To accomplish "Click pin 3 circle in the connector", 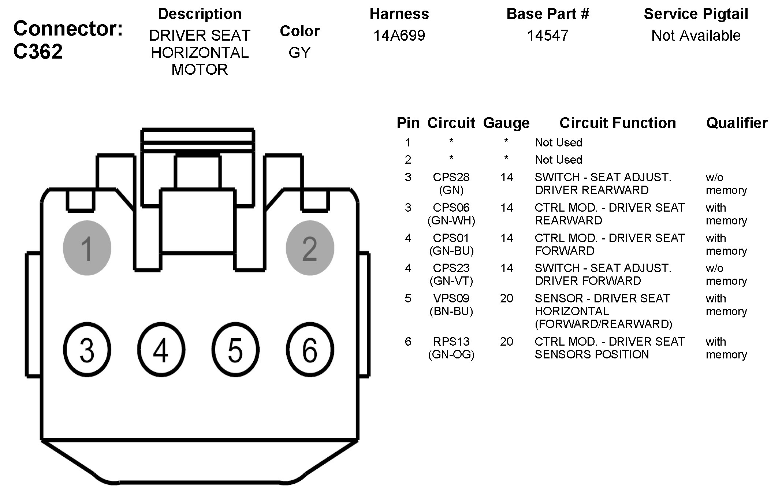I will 87,350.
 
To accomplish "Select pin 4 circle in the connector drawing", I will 161,350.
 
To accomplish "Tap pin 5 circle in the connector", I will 235,350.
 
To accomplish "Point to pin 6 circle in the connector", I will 310,350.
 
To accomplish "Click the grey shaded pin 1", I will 87,248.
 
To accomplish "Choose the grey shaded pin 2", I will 310,248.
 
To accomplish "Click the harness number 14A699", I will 399,36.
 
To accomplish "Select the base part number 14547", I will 548,36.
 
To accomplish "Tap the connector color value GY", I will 299,53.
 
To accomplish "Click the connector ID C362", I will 38,51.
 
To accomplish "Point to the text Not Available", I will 696,36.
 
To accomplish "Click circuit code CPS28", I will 451,177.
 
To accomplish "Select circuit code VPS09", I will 451,298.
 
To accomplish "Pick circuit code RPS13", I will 451,342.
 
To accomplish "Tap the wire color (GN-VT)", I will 451,281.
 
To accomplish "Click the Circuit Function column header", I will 618,123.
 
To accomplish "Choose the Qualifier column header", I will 737,123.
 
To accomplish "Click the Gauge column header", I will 506,123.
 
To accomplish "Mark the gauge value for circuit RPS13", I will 506,342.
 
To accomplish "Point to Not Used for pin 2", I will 558,160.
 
